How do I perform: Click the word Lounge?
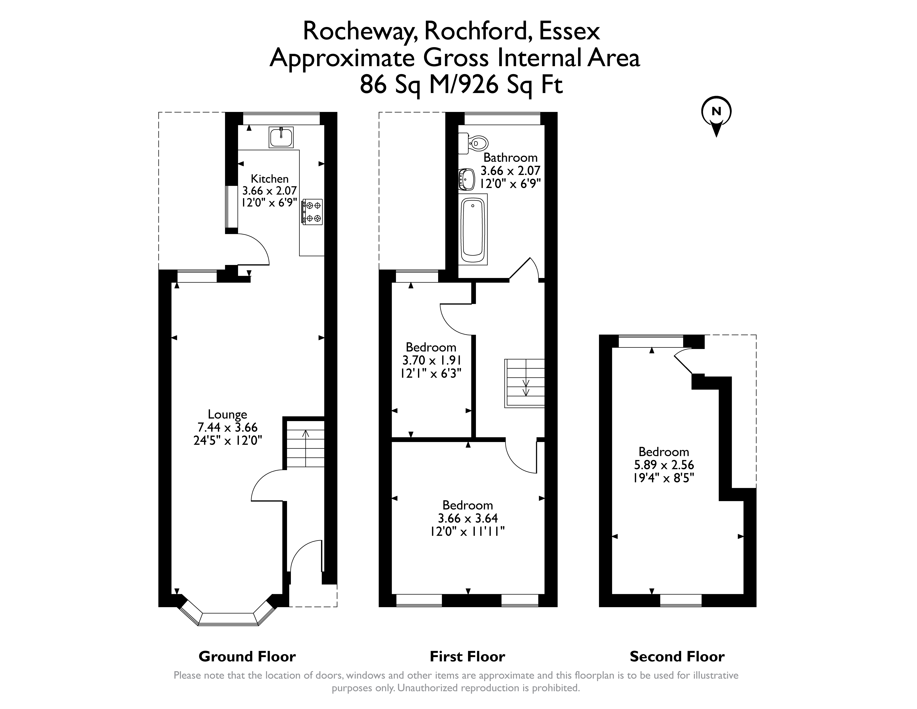(x=228, y=415)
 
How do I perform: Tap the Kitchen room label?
(x=270, y=179)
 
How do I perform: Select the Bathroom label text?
(x=511, y=157)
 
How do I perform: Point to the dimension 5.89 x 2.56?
(x=664, y=465)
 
